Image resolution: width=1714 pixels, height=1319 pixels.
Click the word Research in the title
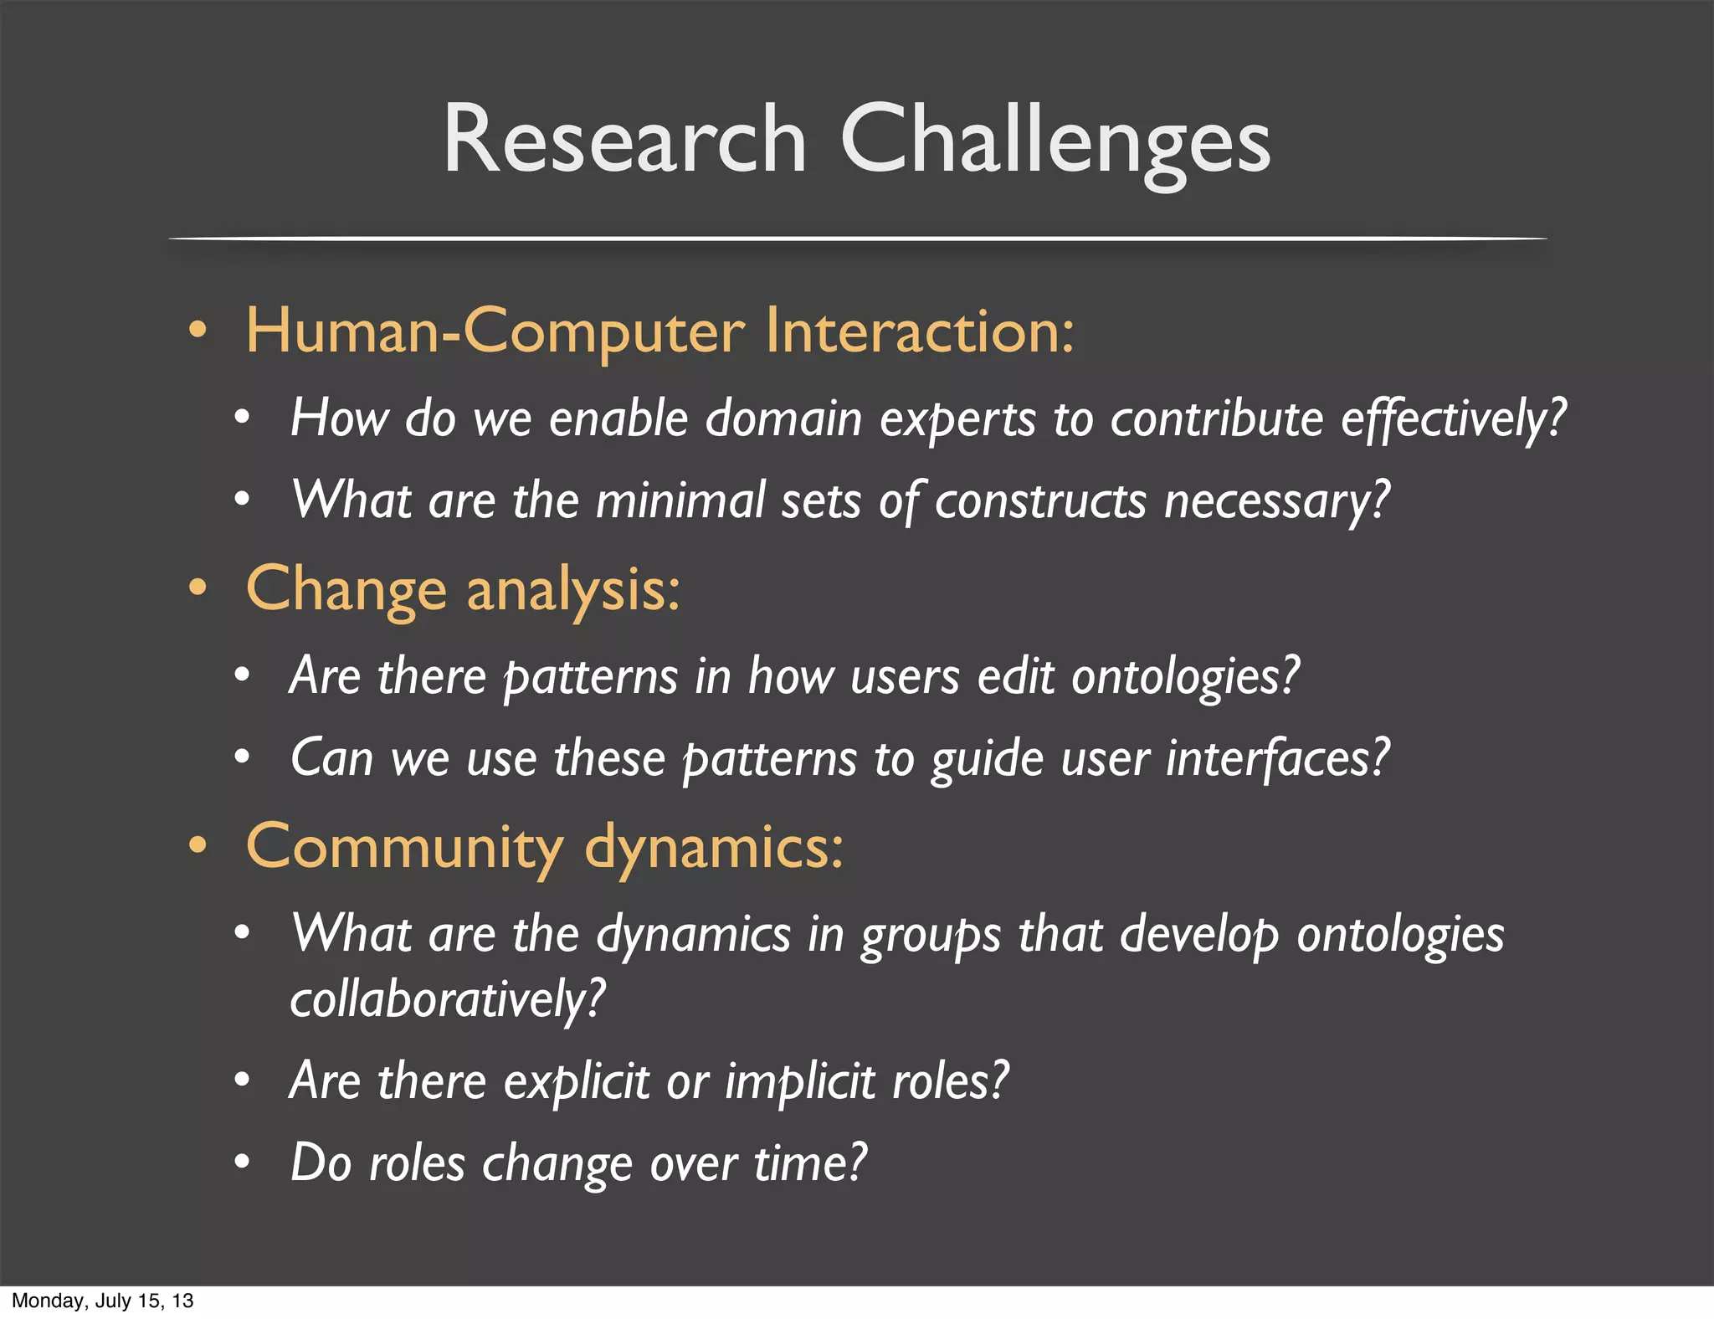(624, 140)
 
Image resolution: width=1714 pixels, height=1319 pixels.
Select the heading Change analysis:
(463, 589)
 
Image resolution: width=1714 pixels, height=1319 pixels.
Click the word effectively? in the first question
(1453, 418)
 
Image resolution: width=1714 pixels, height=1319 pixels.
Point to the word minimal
(680, 500)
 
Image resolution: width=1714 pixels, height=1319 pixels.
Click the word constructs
(1040, 500)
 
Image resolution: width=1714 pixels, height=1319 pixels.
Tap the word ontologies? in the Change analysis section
(1185, 676)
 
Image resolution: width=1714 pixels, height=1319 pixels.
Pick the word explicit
(576, 1080)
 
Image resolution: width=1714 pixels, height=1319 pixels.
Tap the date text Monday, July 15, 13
(102, 1301)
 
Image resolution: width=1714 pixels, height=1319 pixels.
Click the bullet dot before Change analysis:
(198, 588)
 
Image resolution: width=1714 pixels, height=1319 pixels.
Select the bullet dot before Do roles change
(242, 1162)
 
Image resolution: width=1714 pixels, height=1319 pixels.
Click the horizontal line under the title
(857, 239)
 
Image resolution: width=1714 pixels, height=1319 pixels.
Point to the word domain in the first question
(783, 418)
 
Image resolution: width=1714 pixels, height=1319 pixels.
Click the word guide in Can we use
(987, 758)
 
